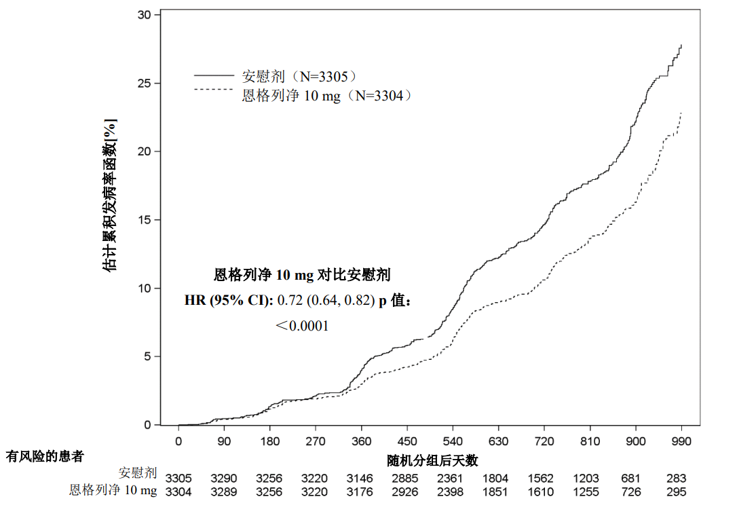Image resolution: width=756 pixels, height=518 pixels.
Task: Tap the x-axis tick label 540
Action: (453, 440)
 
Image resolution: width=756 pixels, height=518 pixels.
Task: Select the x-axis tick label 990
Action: (681, 440)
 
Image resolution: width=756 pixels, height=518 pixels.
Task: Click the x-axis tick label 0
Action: (178, 440)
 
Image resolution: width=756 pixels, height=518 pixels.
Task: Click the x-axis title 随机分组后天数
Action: (432, 460)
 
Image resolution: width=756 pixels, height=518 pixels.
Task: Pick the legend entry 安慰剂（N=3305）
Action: (299, 76)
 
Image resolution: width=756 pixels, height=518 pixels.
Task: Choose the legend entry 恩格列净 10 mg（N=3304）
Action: (327, 96)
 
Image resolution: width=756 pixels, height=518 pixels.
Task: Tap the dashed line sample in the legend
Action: (214, 89)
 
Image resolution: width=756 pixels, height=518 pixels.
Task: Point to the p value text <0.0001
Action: (302, 326)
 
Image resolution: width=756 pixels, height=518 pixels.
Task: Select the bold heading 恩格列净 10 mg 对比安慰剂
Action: (302, 275)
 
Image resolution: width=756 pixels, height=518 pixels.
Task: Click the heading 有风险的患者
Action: (44, 456)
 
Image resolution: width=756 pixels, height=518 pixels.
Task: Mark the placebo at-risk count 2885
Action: (407, 478)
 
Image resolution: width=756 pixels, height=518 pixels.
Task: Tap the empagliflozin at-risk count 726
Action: (631, 492)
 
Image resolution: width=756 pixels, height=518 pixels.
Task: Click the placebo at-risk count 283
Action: (676, 478)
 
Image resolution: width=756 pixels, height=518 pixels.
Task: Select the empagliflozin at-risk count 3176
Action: (360, 492)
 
